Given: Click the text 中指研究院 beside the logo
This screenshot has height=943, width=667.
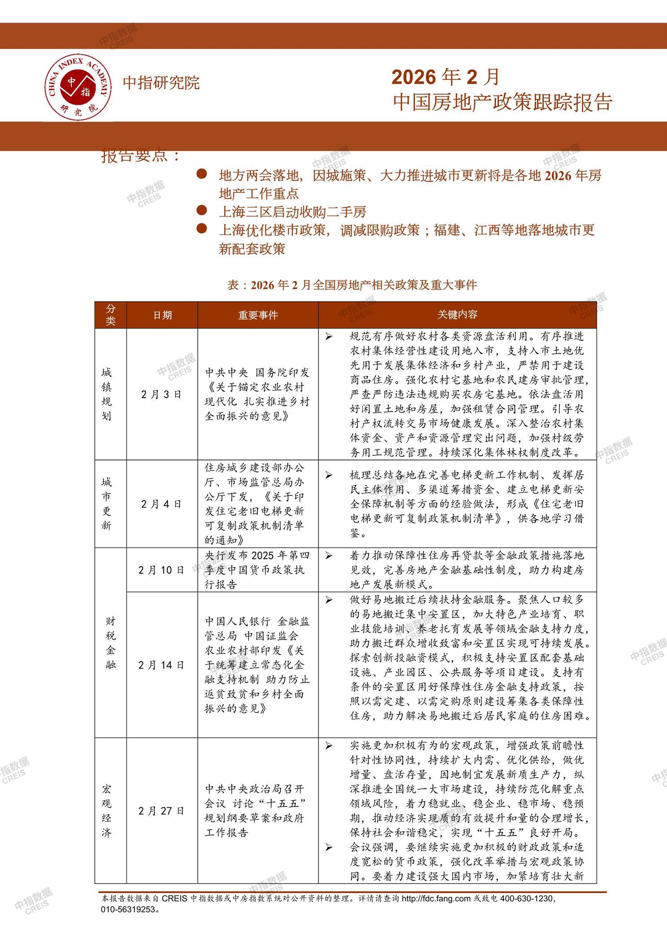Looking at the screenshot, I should [x=161, y=83].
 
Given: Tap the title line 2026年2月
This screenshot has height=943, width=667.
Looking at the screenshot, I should [x=445, y=77].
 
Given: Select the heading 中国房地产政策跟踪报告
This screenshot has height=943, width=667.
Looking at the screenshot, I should [x=502, y=102].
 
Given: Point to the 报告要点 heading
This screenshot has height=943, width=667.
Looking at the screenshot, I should [x=141, y=156].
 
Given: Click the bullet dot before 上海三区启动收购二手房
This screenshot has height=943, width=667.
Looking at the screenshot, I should [x=202, y=210].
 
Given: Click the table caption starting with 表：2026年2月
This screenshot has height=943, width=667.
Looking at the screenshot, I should [x=352, y=285].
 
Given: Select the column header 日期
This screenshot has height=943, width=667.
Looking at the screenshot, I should [x=162, y=315].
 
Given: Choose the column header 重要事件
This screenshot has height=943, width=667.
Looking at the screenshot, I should [x=258, y=315].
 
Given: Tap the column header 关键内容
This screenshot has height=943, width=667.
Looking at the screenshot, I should [x=457, y=314].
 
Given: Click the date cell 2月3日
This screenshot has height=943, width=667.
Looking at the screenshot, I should [x=161, y=394].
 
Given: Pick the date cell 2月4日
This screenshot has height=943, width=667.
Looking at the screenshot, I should [x=161, y=504].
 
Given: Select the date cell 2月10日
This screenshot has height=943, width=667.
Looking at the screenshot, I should [x=161, y=570].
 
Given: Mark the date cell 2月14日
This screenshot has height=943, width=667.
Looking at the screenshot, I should [x=161, y=665].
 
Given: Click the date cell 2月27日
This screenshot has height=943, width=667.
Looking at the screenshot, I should [x=161, y=811].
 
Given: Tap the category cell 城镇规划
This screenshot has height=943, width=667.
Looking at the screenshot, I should [x=107, y=394].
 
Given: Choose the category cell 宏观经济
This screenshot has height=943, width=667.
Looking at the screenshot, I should [x=107, y=811].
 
